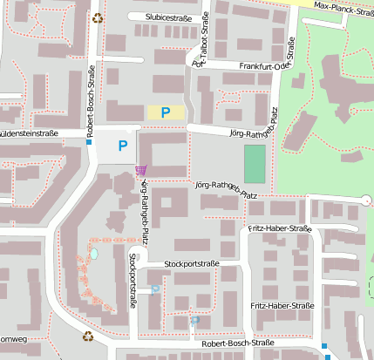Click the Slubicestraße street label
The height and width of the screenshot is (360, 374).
[161, 17]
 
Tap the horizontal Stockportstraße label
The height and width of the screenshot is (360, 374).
[190, 263]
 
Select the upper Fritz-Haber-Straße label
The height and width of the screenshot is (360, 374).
[279, 228]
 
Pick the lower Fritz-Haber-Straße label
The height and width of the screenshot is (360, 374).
[282, 306]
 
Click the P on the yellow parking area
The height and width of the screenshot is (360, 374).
[165, 112]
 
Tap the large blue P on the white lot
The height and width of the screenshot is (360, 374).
[122, 146]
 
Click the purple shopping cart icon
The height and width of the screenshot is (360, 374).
[141, 170]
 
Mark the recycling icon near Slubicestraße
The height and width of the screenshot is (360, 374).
[99, 16]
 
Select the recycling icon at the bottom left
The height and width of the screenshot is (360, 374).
[87, 336]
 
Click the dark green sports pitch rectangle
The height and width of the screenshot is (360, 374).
[255, 163]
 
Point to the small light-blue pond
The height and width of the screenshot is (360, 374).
[94, 253]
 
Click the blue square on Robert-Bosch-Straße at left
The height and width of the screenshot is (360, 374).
[89, 142]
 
